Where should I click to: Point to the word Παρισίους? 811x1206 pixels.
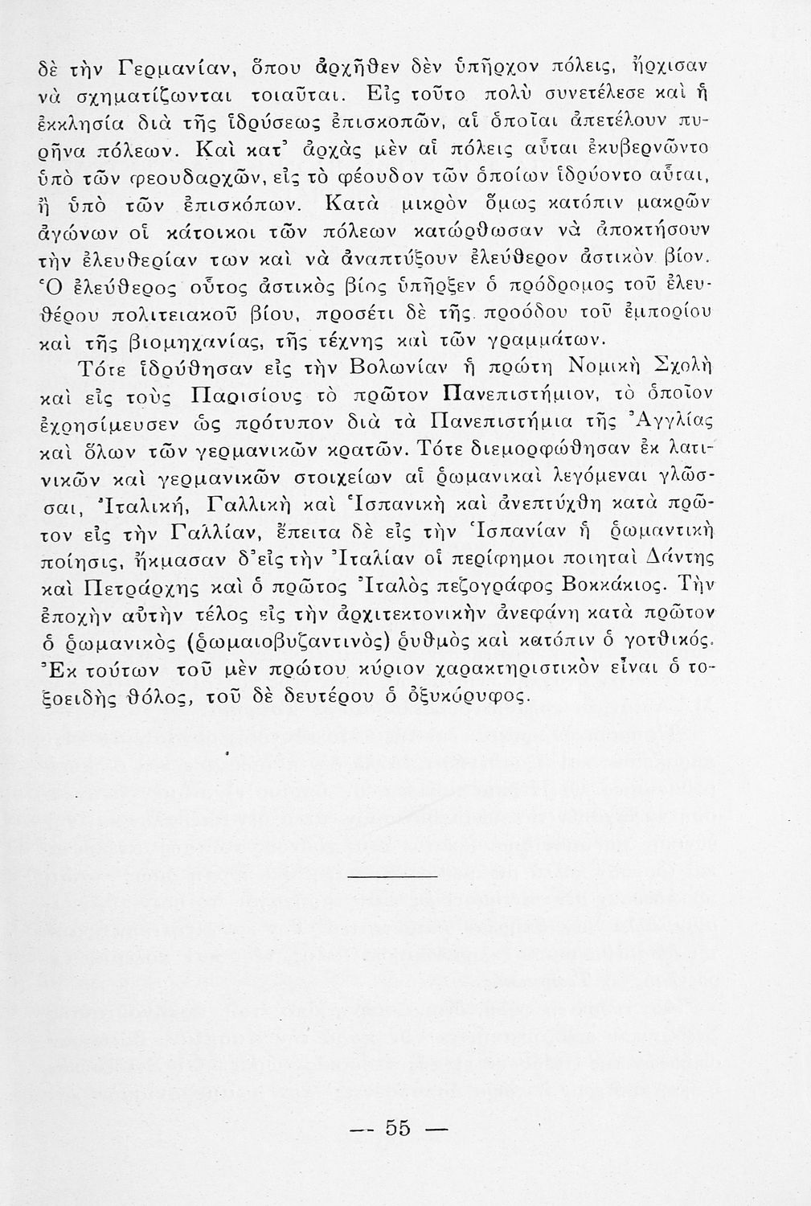tap(253, 400)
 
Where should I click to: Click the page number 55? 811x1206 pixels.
tap(398, 1129)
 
